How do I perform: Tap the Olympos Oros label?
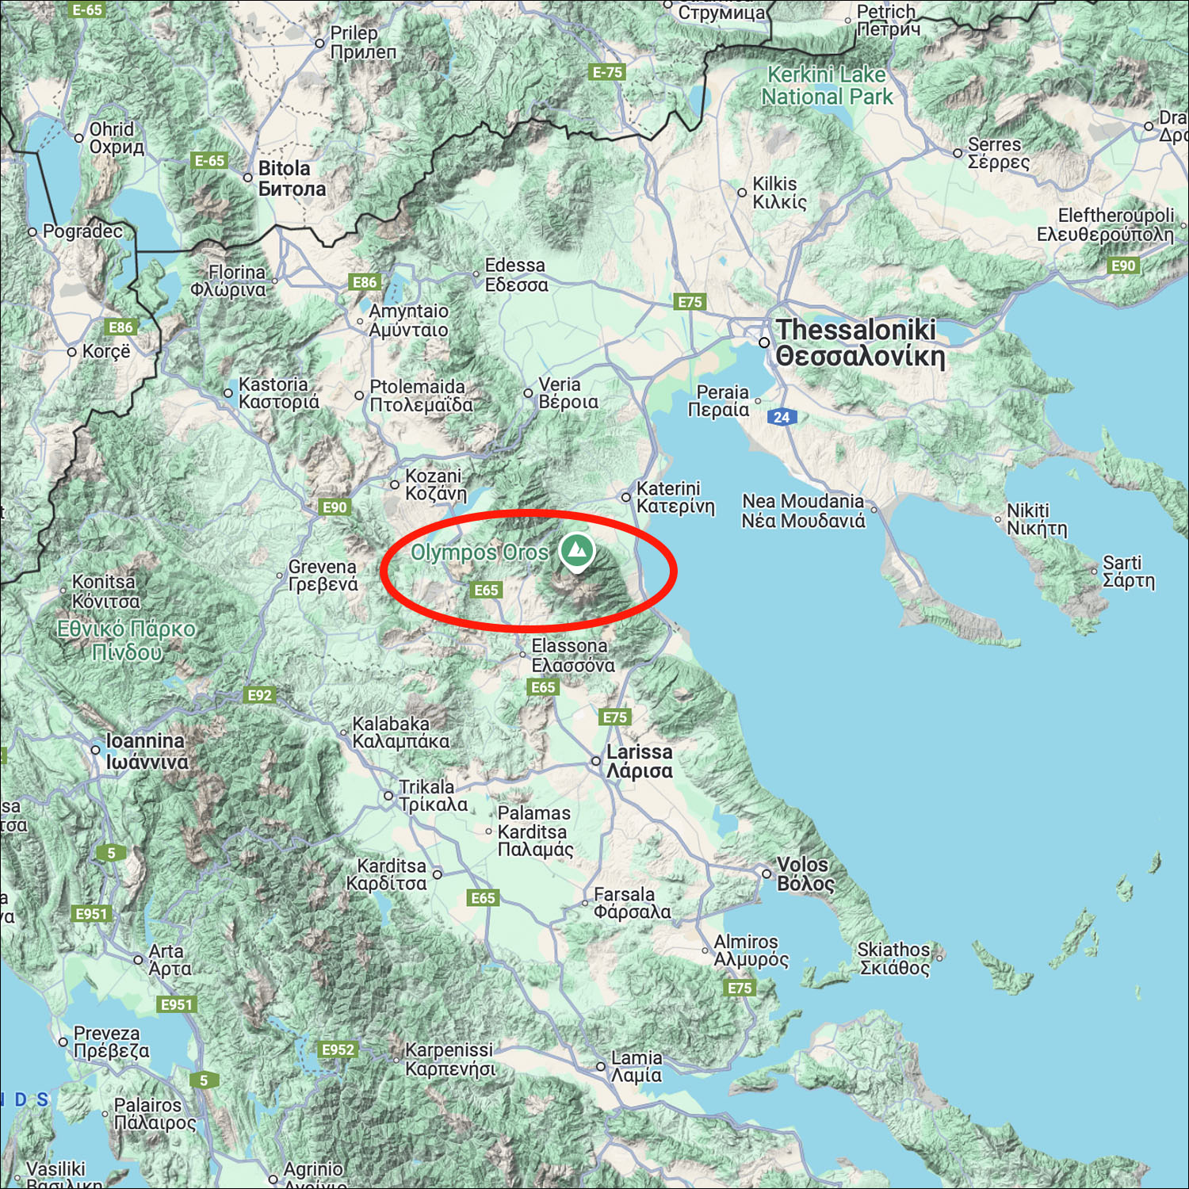tap(479, 552)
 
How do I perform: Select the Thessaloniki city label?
tap(859, 342)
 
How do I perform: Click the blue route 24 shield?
tap(782, 417)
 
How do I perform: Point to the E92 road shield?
tap(259, 695)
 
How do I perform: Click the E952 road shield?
tap(338, 1049)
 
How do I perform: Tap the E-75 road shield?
tap(608, 72)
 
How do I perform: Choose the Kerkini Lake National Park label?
tap(826, 86)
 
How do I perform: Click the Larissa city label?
tap(639, 761)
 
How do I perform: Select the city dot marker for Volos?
tap(767, 874)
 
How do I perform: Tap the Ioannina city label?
tap(147, 751)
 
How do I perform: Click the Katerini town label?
tap(675, 497)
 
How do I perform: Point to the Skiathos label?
tap(894, 958)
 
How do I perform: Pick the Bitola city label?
tap(291, 178)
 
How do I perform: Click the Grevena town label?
tap(323, 575)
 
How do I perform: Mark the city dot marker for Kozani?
tap(395, 484)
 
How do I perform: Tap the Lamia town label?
tap(636, 1066)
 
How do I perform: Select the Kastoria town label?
tap(278, 393)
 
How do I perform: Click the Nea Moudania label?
tap(802, 510)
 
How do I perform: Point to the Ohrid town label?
tap(117, 138)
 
